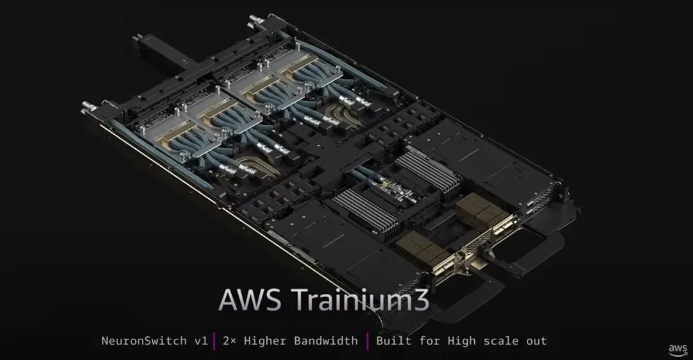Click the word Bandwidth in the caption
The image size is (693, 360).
click(325, 340)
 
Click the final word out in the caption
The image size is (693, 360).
click(537, 340)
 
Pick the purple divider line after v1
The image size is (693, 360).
click(214, 340)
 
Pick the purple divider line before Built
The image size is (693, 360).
click(367, 340)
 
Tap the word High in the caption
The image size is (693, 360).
click(464, 340)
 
